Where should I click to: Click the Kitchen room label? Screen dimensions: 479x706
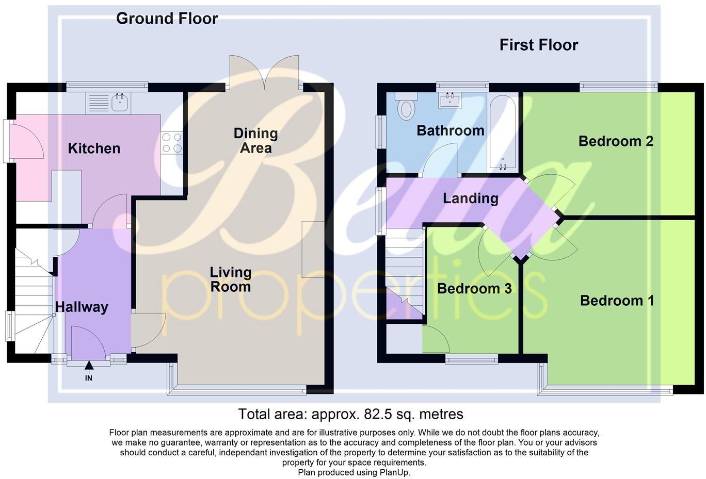click(94, 148)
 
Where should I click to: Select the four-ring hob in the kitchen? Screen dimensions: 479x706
click(172, 143)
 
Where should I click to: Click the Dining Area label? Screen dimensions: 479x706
click(255, 141)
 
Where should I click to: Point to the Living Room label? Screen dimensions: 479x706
click(230, 279)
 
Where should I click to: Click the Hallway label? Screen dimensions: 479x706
click(82, 307)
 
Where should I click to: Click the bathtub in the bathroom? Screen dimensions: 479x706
click(502, 132)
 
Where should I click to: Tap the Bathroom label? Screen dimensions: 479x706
click(450, 130)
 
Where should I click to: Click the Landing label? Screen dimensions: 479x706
click(470, 199)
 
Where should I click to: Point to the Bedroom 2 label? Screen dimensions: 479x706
click(616, 141)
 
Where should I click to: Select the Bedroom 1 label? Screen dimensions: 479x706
click(617, 301)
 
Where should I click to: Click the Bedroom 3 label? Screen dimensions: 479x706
click(474, 289)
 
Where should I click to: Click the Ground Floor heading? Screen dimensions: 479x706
click(167, 19)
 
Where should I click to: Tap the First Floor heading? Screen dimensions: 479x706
click(538, 45)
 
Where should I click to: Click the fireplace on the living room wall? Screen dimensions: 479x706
click(313, 250)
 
